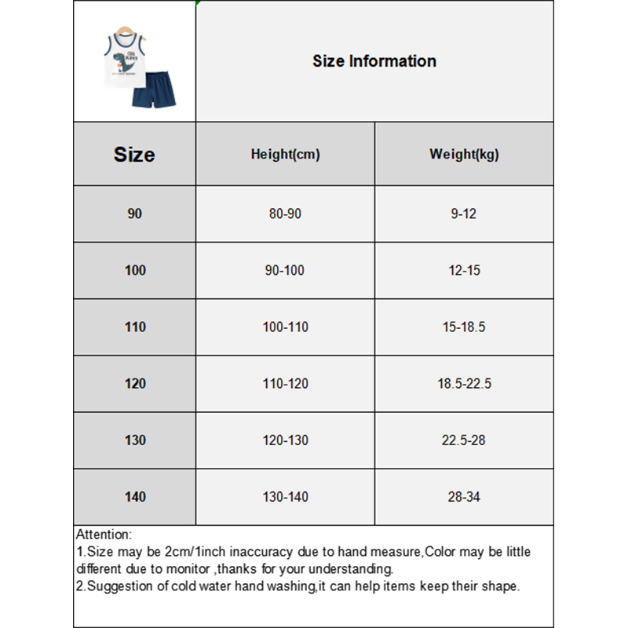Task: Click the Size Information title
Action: (x=374, y=61)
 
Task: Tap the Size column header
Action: (x=134, y=155)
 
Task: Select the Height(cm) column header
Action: (x=285, y=155)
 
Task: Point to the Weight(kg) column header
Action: (x=464, y=155)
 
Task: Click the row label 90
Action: (x=135, y=214)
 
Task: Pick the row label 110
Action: (x=135, y=327)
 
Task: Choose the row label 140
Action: (x=135, y=497)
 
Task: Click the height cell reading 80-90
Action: (x=285, y=214)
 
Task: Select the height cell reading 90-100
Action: (x=285, y=271)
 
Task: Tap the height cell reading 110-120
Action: (x=285, y=384)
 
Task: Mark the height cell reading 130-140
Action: (x=285, y=497)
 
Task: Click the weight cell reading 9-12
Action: (x=464, y=214)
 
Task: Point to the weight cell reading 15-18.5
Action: (x=464, y=327)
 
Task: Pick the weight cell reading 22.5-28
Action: (x=464, y=440)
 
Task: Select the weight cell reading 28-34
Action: (x=464, y=497)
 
